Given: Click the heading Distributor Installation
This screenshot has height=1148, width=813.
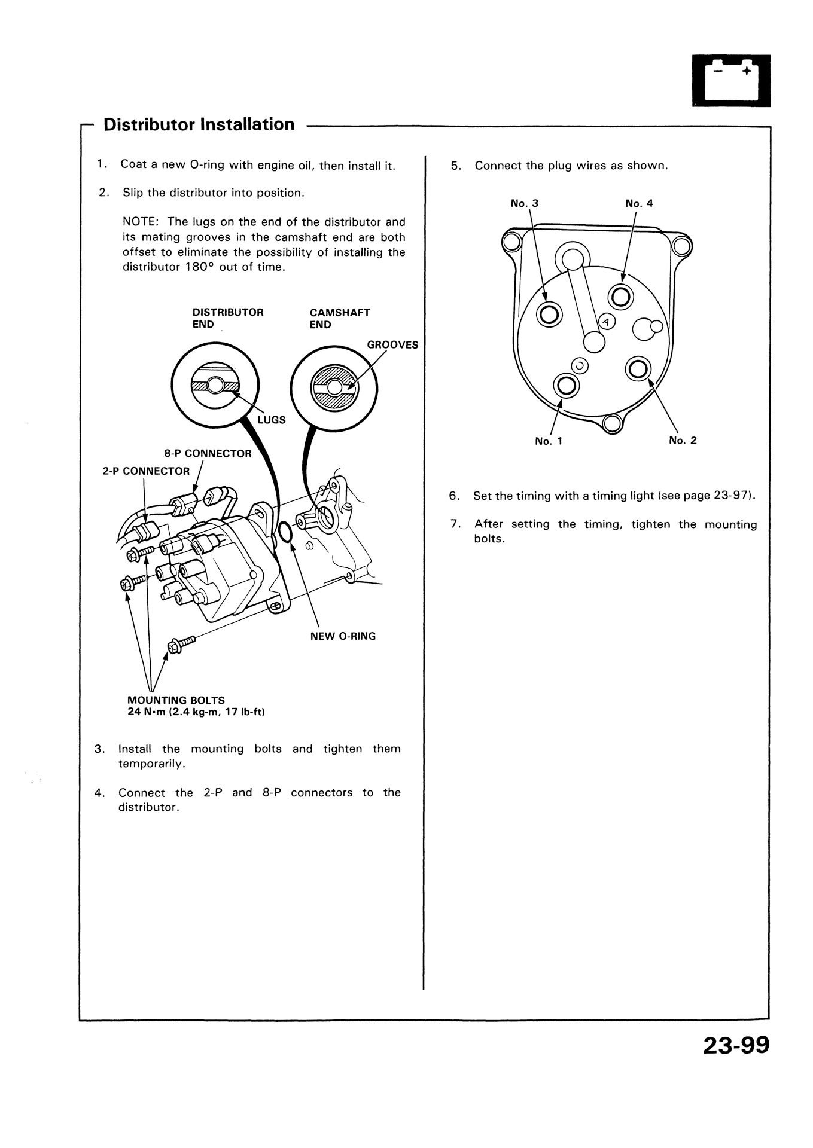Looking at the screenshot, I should [199, 124].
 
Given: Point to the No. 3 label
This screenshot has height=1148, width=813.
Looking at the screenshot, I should [524, 203].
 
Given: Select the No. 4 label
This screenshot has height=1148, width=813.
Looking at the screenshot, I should [639, 203].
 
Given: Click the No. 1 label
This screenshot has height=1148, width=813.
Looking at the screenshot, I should [549, 441].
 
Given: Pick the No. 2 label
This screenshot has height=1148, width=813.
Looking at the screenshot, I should [683, 441].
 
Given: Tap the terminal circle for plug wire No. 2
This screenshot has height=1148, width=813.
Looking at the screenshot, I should [638, 369].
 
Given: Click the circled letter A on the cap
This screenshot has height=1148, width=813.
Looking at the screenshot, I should [606, 322].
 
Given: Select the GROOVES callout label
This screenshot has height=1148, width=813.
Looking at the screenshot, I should [392, 345].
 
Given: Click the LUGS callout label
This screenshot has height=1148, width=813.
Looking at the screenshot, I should [272, 420].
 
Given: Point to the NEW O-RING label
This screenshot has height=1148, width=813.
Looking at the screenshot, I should [343, 636].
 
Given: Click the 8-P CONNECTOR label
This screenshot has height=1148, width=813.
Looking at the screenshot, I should [208, 453].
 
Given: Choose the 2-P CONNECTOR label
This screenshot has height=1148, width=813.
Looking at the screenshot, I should [146, 471].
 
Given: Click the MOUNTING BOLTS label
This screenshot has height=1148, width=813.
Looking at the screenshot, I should [176, 700].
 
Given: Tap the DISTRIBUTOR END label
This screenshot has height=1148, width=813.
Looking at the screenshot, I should [227, 318].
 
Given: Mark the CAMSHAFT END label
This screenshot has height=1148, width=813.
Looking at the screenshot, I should [340, 318].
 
